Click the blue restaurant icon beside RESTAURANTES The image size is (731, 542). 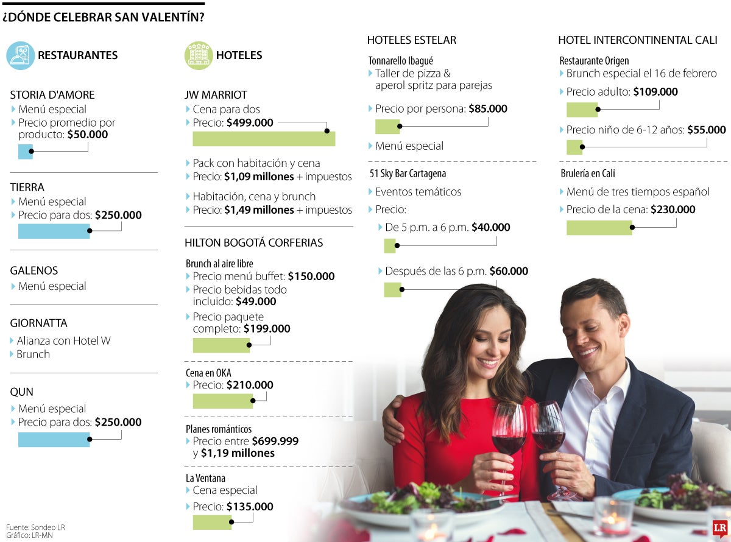point(21,55)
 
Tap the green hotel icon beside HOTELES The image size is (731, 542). point(199,55)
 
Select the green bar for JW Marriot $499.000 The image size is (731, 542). point(263,139)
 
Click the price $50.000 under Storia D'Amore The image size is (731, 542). point(87,135)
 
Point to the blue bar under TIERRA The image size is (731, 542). point(54,231)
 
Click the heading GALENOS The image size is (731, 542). point(34,270)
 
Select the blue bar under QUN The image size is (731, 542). point(54,439)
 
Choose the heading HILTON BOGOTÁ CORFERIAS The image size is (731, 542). point(253,242)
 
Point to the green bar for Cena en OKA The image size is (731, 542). point(222,401)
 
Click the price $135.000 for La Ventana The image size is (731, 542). point(250,507)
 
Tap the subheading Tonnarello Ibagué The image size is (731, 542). point(401,61)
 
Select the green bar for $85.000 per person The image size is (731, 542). point(387,127)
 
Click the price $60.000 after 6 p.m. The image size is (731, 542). point(509,271)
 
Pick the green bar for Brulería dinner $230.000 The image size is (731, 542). point(599,227)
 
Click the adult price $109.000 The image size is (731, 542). point(655,92)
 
